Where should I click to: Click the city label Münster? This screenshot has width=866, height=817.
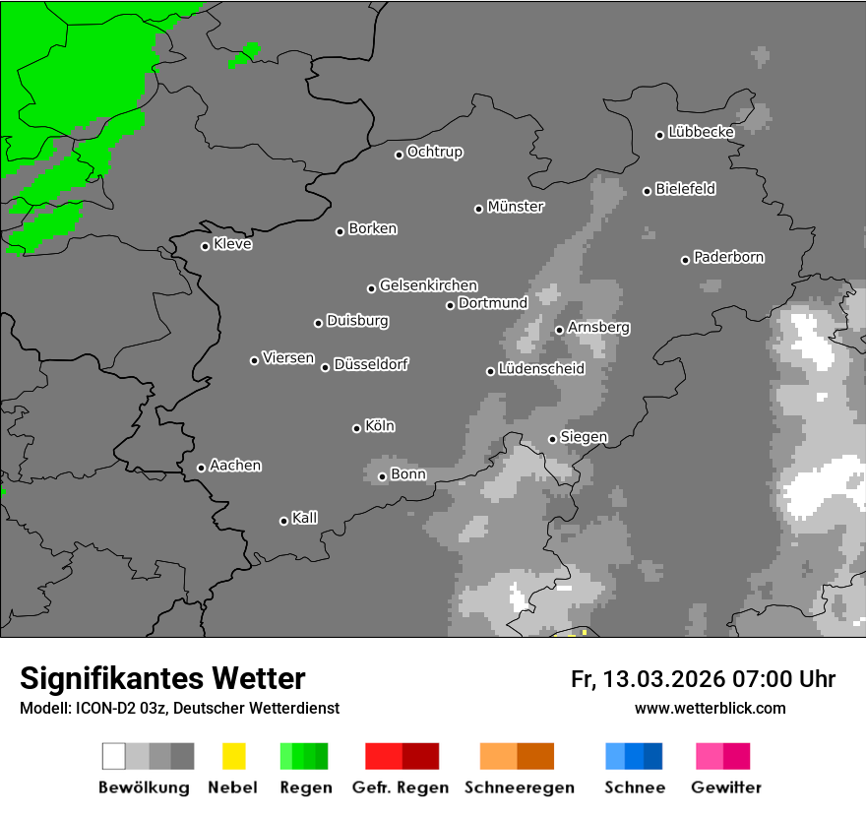516,207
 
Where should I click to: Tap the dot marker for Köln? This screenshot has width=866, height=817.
356,428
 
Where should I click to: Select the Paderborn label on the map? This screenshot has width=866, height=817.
729,257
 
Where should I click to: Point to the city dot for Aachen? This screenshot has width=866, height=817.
201,468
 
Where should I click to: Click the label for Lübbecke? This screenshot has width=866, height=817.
702,132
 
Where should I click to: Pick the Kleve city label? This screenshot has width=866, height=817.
233,244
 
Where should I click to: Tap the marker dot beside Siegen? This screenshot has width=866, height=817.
552,439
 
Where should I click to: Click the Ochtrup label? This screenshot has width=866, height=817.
435,152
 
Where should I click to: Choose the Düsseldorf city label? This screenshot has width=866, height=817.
371,364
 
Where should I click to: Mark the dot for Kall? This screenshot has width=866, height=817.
283,521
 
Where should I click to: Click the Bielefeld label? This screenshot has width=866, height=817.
686,188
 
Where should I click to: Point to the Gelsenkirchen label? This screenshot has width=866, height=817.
428,285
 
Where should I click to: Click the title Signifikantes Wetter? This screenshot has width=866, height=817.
162,679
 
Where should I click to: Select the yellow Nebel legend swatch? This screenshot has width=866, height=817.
233,756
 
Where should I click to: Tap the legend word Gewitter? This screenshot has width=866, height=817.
726,787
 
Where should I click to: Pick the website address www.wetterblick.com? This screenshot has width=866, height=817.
711,708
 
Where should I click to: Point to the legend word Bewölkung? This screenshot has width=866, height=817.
144,787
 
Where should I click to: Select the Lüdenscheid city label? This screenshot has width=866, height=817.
541,369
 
